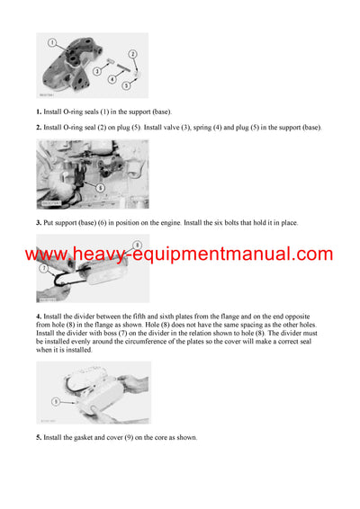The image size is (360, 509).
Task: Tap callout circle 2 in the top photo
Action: [132, 55]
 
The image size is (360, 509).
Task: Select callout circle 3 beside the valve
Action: [97, 70]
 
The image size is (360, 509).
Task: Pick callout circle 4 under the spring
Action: [112, 79]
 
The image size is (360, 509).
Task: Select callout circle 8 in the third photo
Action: [137, 245]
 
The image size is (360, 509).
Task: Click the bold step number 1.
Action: [39, 112]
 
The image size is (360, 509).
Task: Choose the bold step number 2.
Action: [39, 128]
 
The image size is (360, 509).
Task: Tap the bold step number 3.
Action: [39, 223]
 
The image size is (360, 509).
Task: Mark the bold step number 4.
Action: [39, 317]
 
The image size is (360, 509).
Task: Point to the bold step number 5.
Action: [39, 438]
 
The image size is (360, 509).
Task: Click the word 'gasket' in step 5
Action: [85, 438]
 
